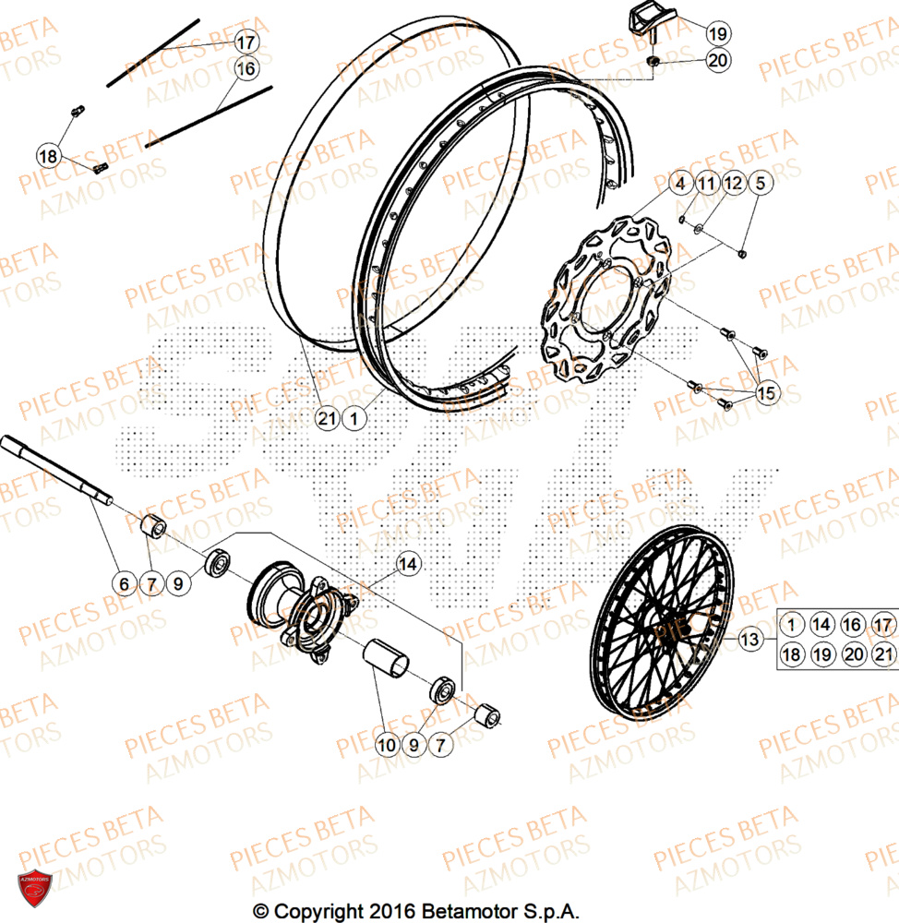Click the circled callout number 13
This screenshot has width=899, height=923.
749,638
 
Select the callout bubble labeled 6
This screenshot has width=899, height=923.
123,583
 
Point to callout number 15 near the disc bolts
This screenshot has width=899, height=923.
766,393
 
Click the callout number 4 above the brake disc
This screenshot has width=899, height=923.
679,184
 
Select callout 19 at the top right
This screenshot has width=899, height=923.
717,33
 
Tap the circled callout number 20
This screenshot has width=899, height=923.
717,61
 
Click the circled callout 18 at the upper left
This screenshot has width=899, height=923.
49,156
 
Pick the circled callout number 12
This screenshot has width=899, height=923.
732,184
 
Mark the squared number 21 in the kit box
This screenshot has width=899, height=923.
882,654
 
